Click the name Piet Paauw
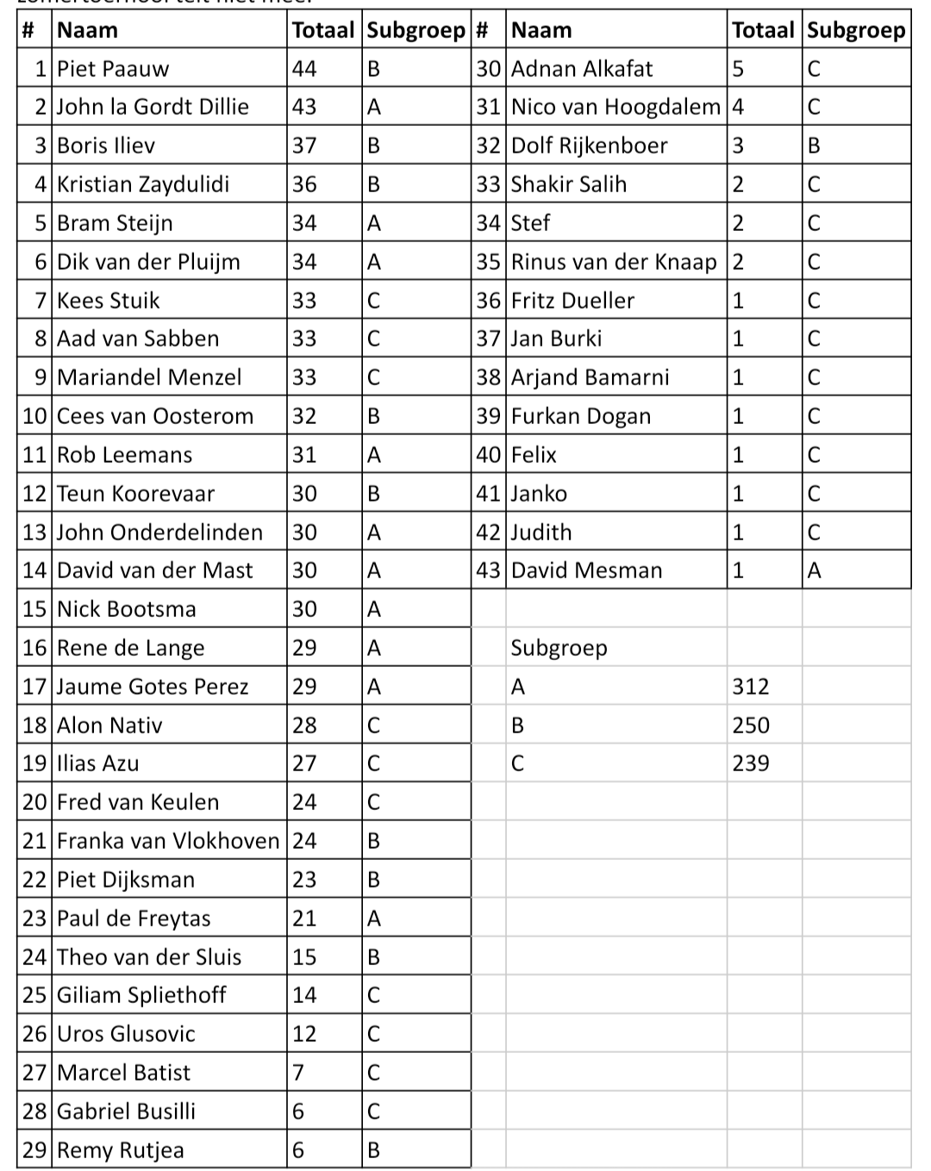[113, 69]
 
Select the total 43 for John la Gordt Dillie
[304, 107]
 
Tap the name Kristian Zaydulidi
[143, 184]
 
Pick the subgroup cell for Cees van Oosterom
[374, 416]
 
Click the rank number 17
[34, 687]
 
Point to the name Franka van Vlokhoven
[168, 841]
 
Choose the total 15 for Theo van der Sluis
[304, 957]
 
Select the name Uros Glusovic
[126, 1034]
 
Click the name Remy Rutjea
[121, 1150]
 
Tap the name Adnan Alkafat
[582, 69]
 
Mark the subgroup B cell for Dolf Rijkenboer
[814, 146]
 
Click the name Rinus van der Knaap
[614, 262]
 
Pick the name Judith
[541, 533]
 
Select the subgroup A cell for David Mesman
[814, 570]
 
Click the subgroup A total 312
[751, 687]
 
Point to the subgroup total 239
[751, 763]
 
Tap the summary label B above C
[517, 726]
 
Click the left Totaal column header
[323, 30]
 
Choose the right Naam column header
[541, 30]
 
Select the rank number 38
[488, 377]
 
